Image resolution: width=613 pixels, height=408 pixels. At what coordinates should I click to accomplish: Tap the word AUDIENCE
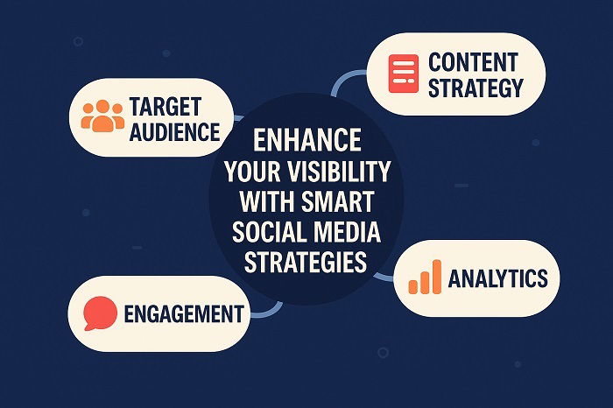click(173, 132)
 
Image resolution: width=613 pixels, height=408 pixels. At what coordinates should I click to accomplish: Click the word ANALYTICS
click(497, 278)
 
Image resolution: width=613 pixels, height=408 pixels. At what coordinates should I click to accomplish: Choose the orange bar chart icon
click(425, 278)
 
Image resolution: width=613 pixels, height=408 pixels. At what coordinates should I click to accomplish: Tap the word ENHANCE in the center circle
click(306, 141)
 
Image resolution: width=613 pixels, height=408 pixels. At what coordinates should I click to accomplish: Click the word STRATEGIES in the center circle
click(306, 262)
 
